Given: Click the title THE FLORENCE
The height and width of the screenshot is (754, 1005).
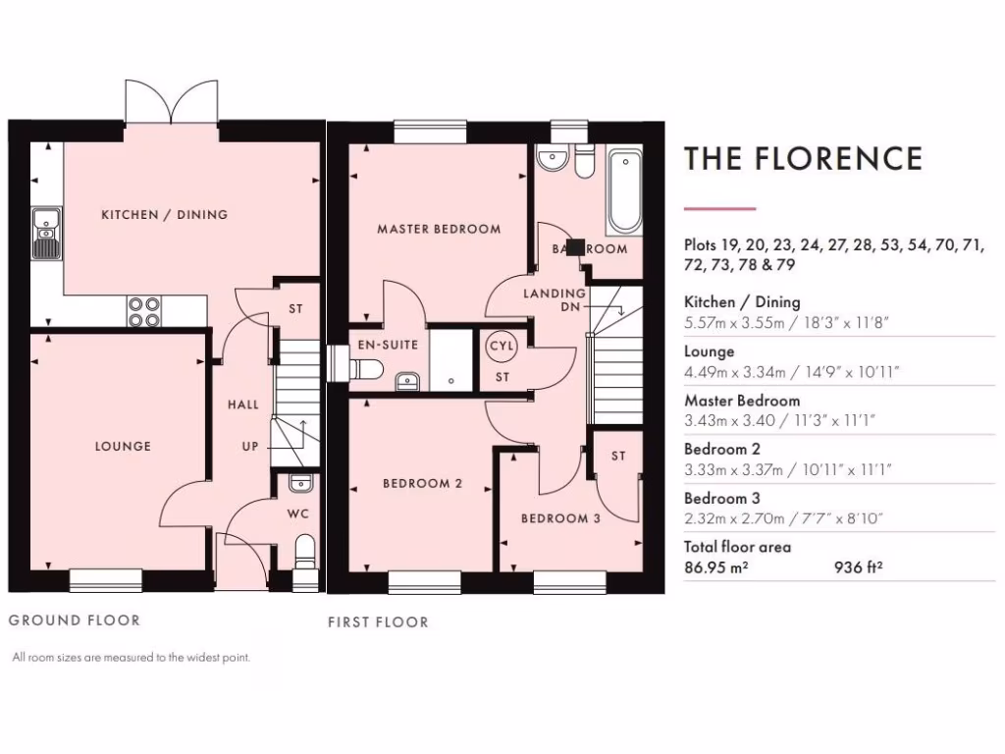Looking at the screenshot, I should pos(803,159).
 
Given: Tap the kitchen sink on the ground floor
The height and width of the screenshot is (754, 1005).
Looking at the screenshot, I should pos(45,234).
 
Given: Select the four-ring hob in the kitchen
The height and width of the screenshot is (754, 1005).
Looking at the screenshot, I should pos(143,311).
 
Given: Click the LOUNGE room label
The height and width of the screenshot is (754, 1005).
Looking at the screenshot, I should pos(123,446).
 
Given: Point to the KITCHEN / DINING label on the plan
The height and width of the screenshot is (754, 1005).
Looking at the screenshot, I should pos(164,214).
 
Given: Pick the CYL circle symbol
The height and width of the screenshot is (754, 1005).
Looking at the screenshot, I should pos(501,348).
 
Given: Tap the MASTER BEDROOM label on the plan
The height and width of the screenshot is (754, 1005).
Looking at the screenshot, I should pos(439,229).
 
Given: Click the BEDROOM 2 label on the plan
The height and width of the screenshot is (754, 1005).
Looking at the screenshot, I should pos(422,483).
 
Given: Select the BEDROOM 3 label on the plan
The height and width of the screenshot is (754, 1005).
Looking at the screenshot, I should pos(559,518).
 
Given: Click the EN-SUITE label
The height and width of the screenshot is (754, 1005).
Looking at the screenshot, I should pos(387,345).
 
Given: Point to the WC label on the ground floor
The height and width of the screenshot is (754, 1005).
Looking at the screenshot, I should pos(298,513).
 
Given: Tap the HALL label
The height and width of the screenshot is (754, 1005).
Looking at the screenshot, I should pos(243,404).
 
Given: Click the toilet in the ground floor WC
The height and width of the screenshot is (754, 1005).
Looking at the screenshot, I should pos(304,552).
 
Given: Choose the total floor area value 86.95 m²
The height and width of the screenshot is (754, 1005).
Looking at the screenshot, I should pos(716,565).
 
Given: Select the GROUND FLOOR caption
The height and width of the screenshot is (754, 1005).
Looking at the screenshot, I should pos(75,619).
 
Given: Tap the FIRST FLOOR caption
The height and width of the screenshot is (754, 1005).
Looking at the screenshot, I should pos(378,621).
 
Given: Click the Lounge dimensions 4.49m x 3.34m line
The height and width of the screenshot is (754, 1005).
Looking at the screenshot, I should pos(790,370).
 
